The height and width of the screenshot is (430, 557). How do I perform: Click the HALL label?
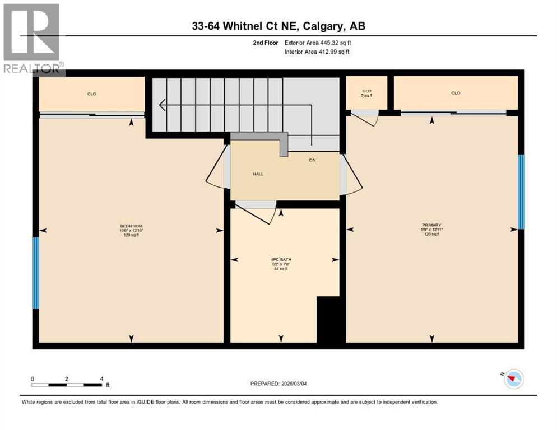coord(257,174)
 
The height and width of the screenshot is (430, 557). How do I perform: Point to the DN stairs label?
coord(313,160)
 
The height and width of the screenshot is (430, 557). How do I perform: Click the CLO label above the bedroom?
coord(91,94)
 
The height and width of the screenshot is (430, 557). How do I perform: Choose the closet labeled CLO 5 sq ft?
coord(366,93)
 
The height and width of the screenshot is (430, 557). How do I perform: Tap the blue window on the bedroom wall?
coord(36,273)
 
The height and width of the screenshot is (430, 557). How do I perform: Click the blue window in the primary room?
coord(521,191)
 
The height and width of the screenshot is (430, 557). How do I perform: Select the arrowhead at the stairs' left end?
coord(163,104)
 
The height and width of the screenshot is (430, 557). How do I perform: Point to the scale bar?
coord(67,385)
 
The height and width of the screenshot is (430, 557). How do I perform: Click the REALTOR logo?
coord(32,39)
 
